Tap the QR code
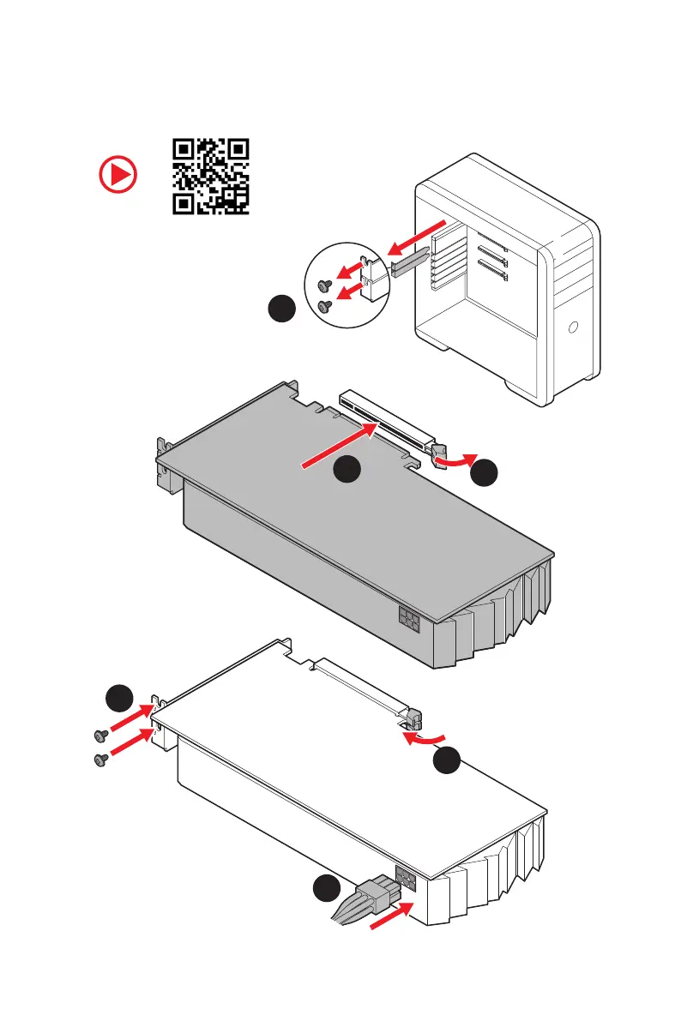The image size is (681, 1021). click(x=211, y=176)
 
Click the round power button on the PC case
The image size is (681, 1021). click(x=573, y=327)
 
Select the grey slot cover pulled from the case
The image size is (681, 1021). click(x=409, y=260)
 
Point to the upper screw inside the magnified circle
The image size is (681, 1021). click(x=322, y=285)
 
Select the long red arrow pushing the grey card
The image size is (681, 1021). click(x=338, y=448)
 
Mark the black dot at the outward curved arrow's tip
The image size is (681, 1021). click(x=485, y=471)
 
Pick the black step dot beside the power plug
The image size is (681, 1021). click(x=326, y=891)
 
